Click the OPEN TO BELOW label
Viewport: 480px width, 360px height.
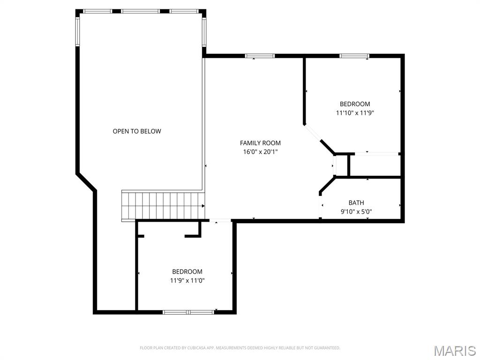tap(137, 131)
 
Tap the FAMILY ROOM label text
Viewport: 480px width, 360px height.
tap(260, 143)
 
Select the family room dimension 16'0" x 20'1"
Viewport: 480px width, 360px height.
tap(260, 151)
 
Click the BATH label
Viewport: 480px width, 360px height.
tap(356, 203)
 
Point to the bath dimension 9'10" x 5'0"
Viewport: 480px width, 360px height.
tap(356, 211)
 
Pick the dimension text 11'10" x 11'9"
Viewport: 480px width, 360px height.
tap(354, 112)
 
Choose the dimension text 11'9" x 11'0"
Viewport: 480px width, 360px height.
tap(187, 280)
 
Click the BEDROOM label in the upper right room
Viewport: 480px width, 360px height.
tap(354, 104)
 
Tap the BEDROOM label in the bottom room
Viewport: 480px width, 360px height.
tap(187, 271)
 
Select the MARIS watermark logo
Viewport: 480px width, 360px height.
tap(454, 351)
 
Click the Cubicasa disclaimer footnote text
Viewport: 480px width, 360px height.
tap(240, 348)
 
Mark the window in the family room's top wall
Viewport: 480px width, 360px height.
tap(260, 56)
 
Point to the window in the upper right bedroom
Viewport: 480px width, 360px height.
tap(354, 56)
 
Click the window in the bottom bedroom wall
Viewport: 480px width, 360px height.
tap(188, 312)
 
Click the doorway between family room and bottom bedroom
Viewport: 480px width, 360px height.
tap(219, 221)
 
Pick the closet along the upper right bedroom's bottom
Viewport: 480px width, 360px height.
tap(375, 165)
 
